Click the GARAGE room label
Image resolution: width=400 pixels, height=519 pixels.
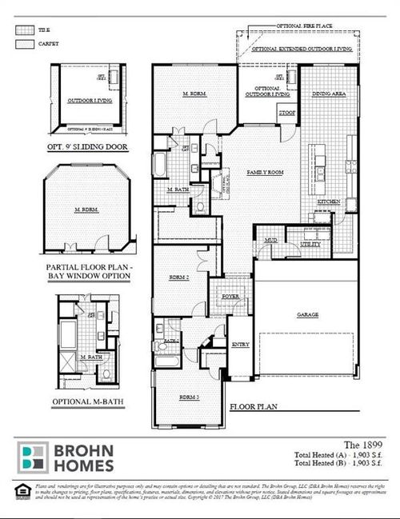tap(306, 315)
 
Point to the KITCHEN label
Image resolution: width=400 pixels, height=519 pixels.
tap(329, 202)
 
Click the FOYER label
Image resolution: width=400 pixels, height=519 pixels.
tap(230, 294)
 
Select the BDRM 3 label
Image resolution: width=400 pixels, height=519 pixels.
tap(187, 397)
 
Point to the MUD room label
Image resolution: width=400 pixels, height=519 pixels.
tap(270, 239)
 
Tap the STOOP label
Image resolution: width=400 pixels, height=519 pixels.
tap(286, 114)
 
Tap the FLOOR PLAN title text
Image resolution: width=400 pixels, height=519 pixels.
tap(254, 406)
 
